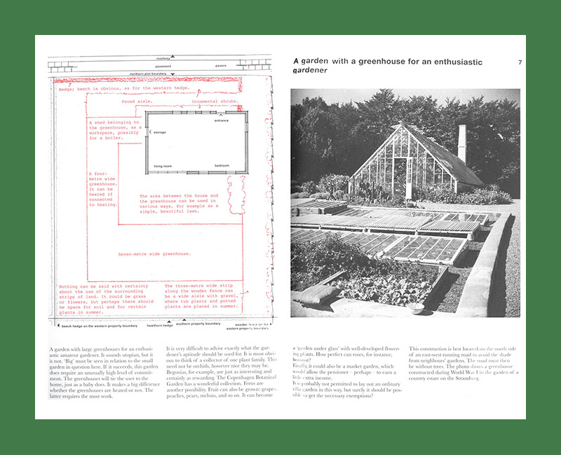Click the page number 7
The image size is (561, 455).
[520, 63]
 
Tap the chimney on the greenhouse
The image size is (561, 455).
[461, 143]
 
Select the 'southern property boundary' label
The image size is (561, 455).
[198, 324]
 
